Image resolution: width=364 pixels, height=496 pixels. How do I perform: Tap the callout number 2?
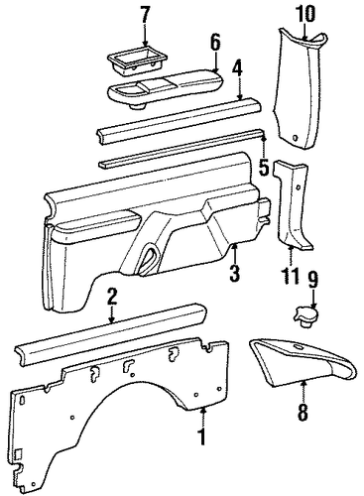pyautogui.click(x=112, y=297)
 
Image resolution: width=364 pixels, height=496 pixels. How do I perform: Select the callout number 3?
pyautogui.click(x=234, y=273)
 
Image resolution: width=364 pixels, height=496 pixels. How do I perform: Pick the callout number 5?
pyautogui.click(x=264, y=167)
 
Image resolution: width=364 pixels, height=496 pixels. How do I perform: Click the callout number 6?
pyautogui.click(x=215, y=44)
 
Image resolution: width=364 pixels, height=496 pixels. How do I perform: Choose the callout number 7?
pyautogui.click(x=145, y=14)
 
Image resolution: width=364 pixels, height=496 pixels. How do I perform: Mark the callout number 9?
pyautogui.click(x=312, y=281)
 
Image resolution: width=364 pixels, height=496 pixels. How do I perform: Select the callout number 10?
pyautogui.click(x=305, y=14)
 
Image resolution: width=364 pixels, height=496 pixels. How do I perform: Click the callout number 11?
pyautogui.click(x=291, y=276)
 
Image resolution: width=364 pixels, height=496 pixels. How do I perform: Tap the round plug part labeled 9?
pyautogui.click(x=305, y=317)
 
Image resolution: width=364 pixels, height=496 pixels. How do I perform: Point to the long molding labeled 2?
pyautogui.click(x=111, y=334)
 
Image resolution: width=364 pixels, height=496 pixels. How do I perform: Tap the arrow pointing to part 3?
pyautogui.click(x=234, y=253)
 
